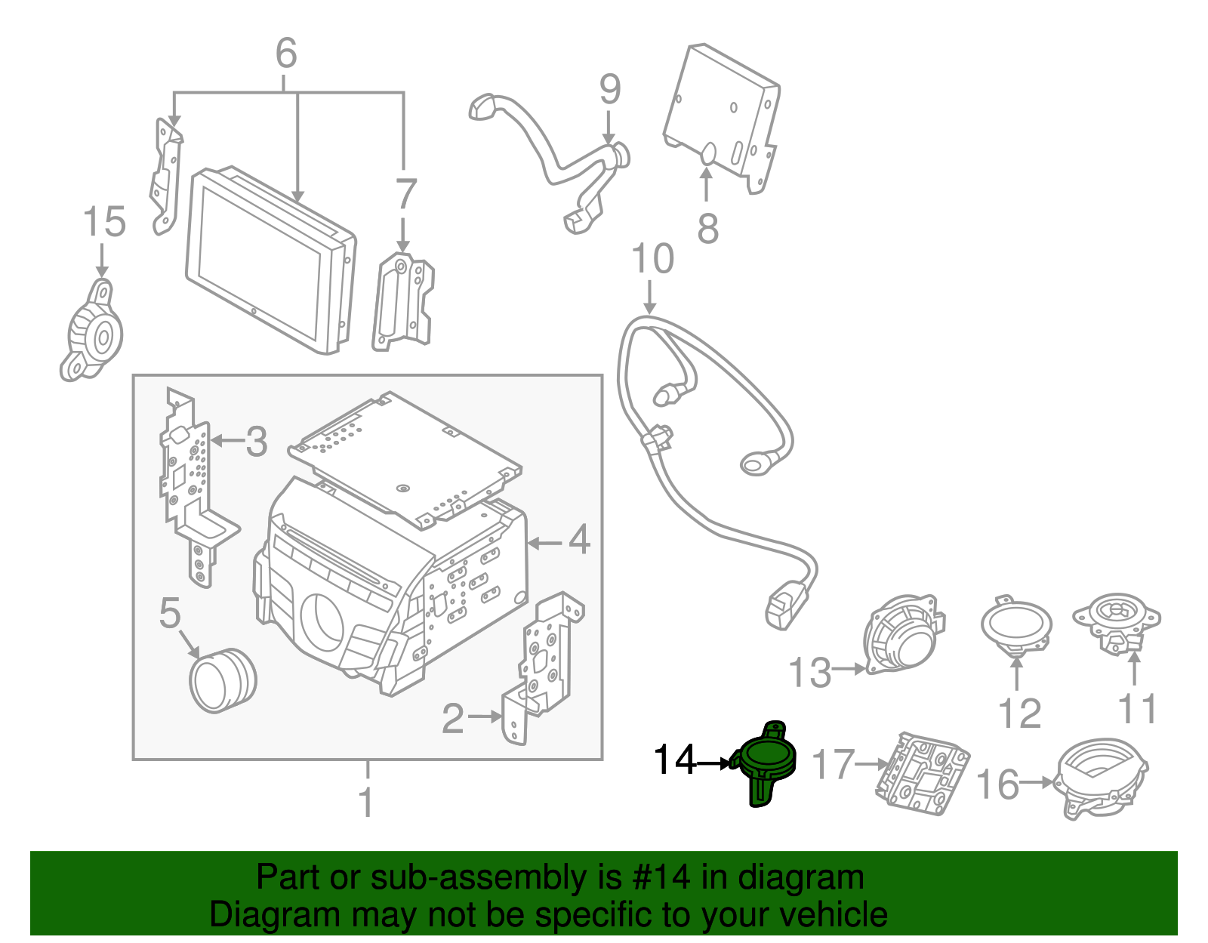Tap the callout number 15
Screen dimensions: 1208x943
[x=104, y=222]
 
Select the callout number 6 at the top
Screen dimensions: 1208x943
[x=286, y=54]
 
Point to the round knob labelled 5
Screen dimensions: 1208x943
[x=223, y=680]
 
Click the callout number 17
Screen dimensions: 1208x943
[x=833, y=765]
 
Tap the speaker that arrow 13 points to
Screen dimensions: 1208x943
[x=904, y=634]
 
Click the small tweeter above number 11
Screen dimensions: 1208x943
[x=1117, y=622]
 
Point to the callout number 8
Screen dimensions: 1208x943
[x=707, y=228]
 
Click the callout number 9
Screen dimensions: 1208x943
[x=610, y=89]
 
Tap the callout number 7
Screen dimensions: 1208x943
[x=405, y=194]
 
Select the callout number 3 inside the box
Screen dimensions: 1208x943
[x=256, y=442]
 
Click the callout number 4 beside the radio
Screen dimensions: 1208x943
[x=578, y=539]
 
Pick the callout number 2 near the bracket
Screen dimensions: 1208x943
[x=452, y=719]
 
